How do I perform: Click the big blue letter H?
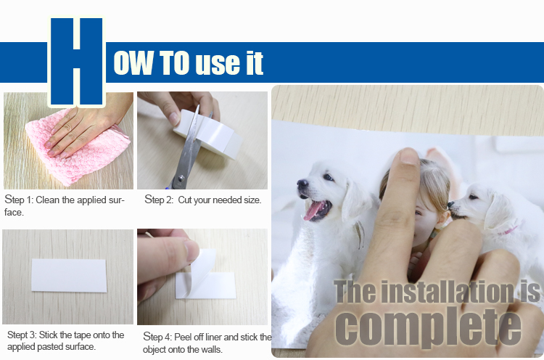(76, 61)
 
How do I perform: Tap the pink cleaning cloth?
(78, 147)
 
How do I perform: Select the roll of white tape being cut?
(208, 134)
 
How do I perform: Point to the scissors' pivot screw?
(181, 178)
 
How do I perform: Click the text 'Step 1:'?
(19, 200)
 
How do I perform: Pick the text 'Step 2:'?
(159, 200)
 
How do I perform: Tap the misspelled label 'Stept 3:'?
(22, 335)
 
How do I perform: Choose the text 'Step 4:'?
(157, 337)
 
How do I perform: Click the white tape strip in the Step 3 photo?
(69, 275)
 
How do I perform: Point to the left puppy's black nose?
(302, 183)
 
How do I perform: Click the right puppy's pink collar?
(508, 230)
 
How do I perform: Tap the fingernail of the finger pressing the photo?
(408, 156)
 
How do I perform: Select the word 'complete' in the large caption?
(428, 327)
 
